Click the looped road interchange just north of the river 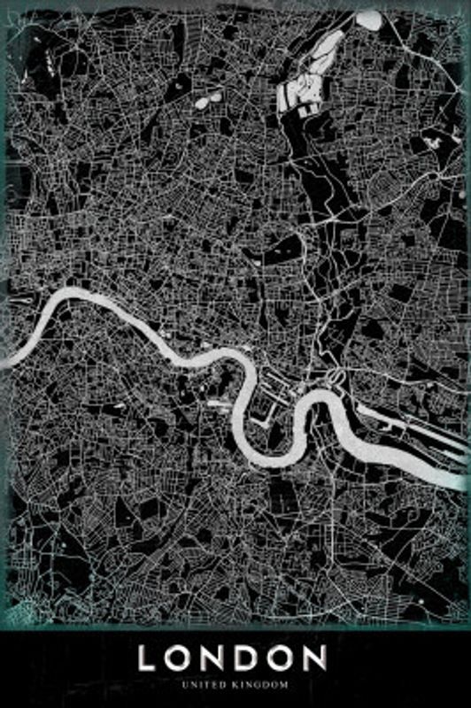pyautogui.click(x=336, y=379)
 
